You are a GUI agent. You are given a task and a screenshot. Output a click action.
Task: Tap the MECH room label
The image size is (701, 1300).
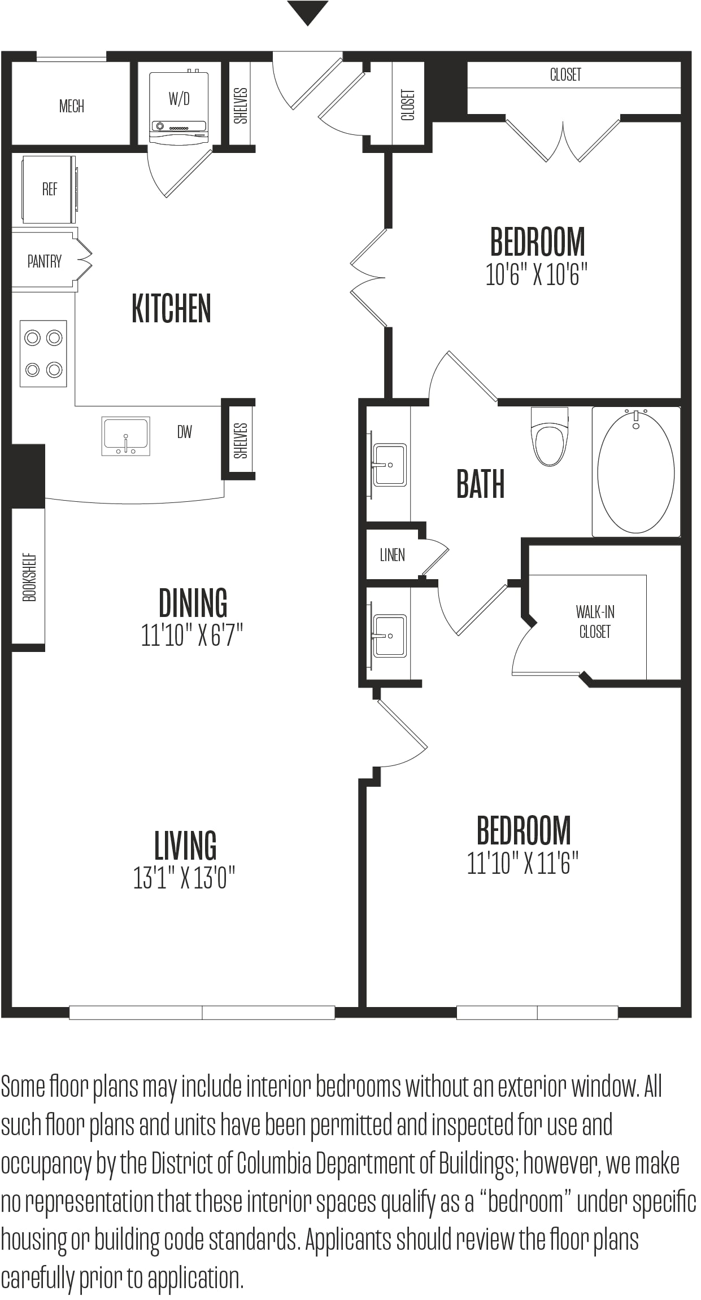[x=72, y=106]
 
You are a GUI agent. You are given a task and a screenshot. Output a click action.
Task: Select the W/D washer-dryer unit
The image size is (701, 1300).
[x=178, y=108]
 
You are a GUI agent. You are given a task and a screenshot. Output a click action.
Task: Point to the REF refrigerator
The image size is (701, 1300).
[x=49, y=190]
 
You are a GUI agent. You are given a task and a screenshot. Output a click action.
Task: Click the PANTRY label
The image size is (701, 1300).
[x=45, y=261]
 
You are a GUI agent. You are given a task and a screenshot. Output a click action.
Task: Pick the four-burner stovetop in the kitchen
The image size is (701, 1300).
[x=43, y=354]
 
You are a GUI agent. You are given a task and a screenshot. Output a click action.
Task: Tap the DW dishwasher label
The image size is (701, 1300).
[x=185, y=432]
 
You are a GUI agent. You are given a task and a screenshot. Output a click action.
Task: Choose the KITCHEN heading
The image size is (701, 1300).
[x=171, y=309]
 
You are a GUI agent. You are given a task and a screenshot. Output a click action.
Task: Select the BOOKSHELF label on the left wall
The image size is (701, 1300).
[x=29, y=577]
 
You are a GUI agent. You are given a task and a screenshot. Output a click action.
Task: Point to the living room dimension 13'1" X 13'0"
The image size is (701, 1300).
[x=184, y=878]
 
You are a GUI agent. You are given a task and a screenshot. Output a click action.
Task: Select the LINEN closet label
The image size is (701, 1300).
[x=393, y=555]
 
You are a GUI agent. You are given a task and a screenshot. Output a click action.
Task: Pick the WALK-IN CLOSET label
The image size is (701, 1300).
[x=595, y=621]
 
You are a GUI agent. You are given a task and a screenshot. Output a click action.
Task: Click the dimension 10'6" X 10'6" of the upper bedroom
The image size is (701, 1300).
[x=537, y=275]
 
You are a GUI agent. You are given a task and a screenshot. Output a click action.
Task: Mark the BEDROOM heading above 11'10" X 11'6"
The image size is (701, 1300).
[x=524, y=830]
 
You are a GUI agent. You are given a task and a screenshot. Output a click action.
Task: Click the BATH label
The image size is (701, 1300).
[x=481, y=484]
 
